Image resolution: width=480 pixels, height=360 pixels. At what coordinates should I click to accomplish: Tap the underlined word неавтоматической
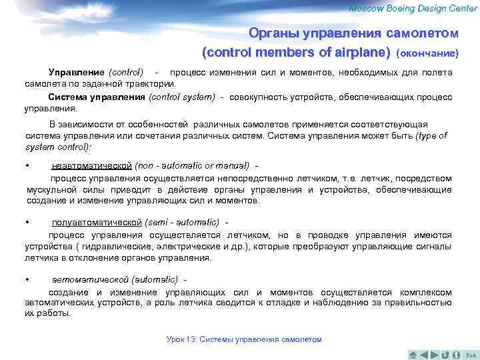[x=92, y=165]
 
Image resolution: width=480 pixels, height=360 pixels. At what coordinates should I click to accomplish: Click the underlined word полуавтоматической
[x=97, y=222]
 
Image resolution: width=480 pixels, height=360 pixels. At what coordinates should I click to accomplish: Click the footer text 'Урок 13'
[x=181, y=339]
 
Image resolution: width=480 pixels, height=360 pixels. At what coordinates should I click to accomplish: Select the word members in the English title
[x=274, y=52]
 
